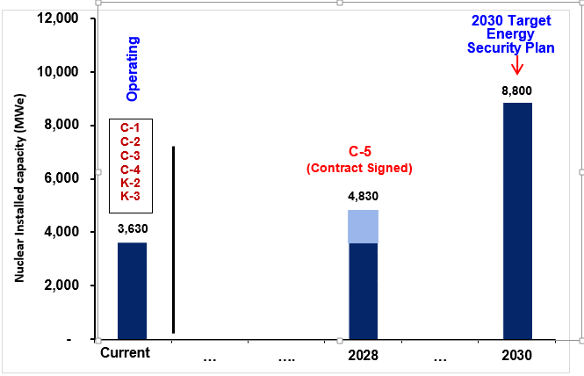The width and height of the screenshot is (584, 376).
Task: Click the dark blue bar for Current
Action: pyautogui.click(x=132, y=290)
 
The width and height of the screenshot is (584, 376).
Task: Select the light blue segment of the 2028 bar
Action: pyautogui.click(x=364, y=227)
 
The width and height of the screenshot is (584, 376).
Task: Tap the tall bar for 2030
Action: pyautogui.click(x=517, y=220)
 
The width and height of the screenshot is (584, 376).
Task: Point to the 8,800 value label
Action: pyautogui.click(x=517, y=90)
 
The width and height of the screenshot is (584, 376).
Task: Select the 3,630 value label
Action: pyautogui.click(x=132, y=228)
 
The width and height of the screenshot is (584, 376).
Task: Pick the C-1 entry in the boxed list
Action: pyautogui.click(x=131, y=128)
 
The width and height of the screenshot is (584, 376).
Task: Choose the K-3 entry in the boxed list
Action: pyautogui.click(x=131, y=195)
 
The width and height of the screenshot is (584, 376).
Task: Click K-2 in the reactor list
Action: pyautogui.click(x=131, y=182)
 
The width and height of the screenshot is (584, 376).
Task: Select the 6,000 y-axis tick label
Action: pyautogui.click(x=61, y=178)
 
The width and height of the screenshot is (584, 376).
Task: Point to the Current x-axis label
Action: pyautogui.click(x=126, y=352)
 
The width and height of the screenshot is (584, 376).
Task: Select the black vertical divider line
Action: pyautogui.click(x=174, y=239)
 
